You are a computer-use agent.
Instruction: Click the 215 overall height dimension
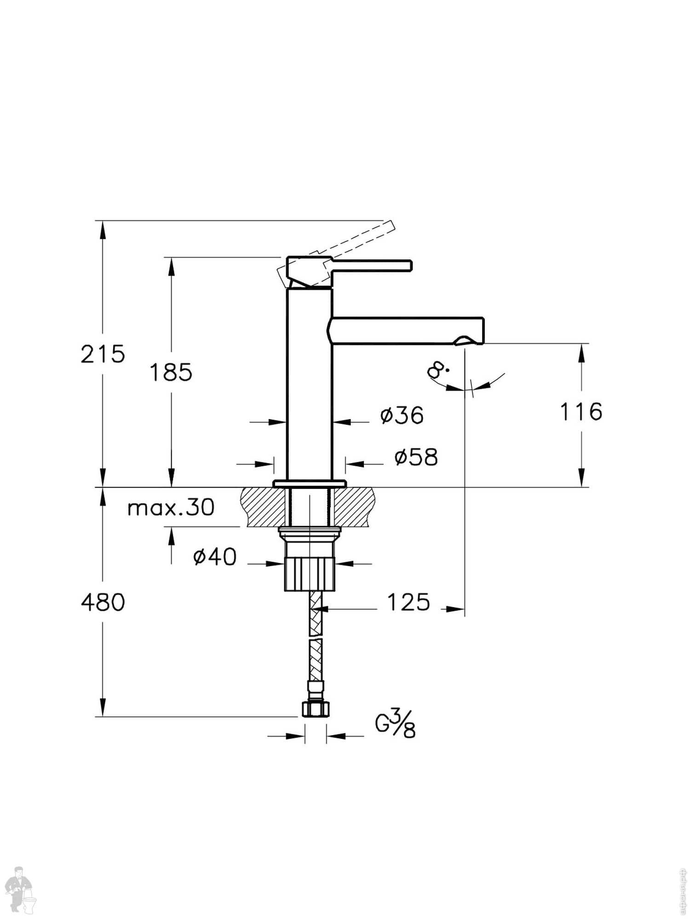pyautogui.click(x=103, y=354)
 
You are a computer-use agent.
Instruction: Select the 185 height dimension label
pyautogui.click(x=171, y=372)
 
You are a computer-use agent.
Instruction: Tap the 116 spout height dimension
pyautogui.click(x=581, y=411)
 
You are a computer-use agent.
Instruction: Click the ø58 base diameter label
pyautogui.click(x=416, y=457)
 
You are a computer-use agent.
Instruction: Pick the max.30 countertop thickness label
pyautogui.click(x=171, y=508)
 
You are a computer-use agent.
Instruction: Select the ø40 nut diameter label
pyautogui.click(x=215, y=557)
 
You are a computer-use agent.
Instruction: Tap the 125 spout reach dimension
pyautogui.click(x=408, y=602)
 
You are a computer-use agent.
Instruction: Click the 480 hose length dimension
pyautogui.click(x=103, y=602)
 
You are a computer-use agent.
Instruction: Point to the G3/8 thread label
pyautogui.click(x=395, y=725)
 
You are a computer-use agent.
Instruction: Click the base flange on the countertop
pyautogui.click(x=309, y=484)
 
